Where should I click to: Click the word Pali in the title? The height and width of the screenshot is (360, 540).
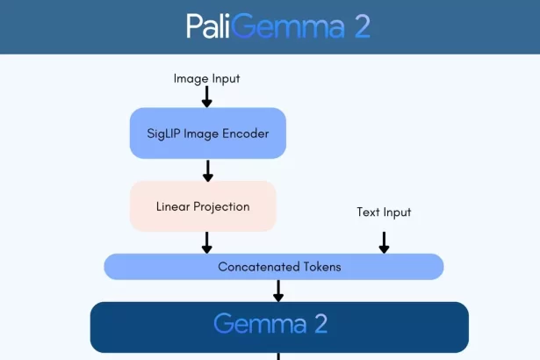click(210, 26)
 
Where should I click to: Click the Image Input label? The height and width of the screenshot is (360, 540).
click(206, 79)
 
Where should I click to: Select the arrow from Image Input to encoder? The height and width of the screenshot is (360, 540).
click(207, 97)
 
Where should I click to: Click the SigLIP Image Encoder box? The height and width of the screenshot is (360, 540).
click(207, 133)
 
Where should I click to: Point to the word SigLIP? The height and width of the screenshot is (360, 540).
click(170, 133)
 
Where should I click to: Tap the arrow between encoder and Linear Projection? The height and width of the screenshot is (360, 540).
click(207, 169)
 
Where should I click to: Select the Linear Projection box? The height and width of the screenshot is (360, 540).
click(203, 206)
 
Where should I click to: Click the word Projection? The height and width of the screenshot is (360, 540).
click(222, 206)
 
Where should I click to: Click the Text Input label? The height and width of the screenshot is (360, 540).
click(384, 212)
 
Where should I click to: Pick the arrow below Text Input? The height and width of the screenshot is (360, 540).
click(384, 242)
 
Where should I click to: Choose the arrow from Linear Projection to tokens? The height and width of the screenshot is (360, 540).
click(207, 242)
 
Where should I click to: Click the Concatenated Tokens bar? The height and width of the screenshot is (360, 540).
click(274, 266)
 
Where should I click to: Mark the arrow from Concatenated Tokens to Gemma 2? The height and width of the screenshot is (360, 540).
click(278, 291)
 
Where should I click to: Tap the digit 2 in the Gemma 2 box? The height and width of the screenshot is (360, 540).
click(320, 324)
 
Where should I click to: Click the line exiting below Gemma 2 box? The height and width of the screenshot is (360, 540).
click(278, 356)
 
